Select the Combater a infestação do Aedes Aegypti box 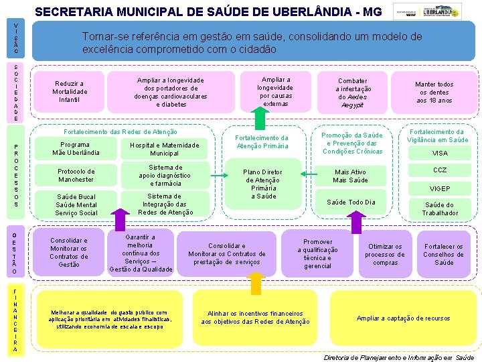pyautogui.click(x=352, y=93)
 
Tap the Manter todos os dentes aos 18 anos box pyautogui.click(x=434, y=93)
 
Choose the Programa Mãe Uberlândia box pyautogui.click(x=75, y=149)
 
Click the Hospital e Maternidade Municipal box pyautogui.click(x=164, y=149)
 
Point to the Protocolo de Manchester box pyautogui.click(x=76, y=176)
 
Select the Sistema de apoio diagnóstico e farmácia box pyautogui.click(x=165, y=176)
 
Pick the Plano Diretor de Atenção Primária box pyautogui.click(x=263, y=184)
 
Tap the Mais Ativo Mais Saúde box pyautogui.click(x=350, y=176)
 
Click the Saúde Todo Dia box pyautogui.click(x=350, y=202)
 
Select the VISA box pyautogui.click(x=440, y=154)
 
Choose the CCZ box pyautogui.click(x=440, y=170)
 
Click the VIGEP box pyautogui.click(x=440, y=188)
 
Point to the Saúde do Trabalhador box pyautogui.click(x=440, y=209)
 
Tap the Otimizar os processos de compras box pyautogui.click(x=385, y=254)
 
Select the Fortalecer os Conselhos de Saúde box pyautogui.click(x=443, y=254)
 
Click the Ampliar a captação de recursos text pyautogui.click(x=403, y=318)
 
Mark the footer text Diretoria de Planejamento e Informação pyautogui.click(x=398, y=357)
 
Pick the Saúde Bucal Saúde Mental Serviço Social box pyautogui.click(x=76, y=205)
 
